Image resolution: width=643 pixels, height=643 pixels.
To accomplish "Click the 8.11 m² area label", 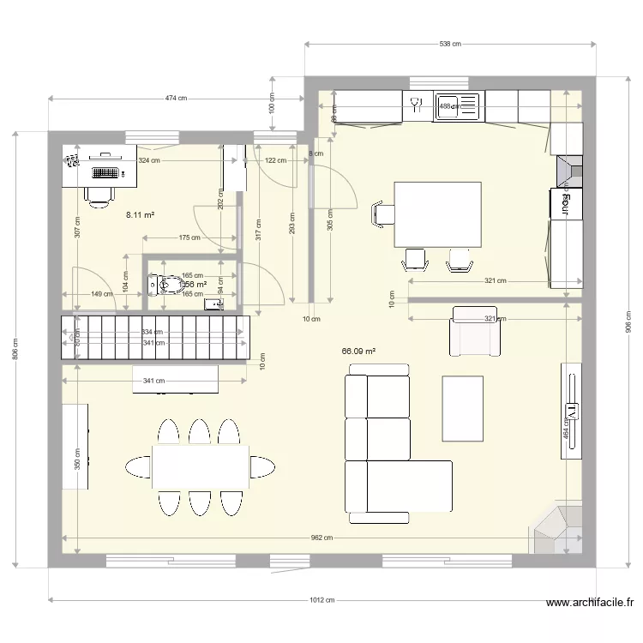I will (x=140, y=215).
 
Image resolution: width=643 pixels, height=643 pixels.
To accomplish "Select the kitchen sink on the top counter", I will (x=456, y=107).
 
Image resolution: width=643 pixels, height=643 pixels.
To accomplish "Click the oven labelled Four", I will (x=566, y=203).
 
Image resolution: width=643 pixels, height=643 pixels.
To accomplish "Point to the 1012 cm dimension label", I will (x=321, y=601).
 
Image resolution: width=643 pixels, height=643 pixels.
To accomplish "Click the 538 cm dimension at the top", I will (x=450, y=44).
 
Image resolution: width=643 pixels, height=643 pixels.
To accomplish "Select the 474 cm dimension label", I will (x=176, y=99).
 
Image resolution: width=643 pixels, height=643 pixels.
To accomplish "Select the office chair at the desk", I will (x=100, y=194).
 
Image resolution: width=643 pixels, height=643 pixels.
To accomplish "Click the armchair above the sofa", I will (x=474, y=332).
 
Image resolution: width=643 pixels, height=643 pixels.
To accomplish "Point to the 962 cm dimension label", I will (x=321, y=538).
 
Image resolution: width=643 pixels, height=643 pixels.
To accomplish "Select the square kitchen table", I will (x=437, y=213).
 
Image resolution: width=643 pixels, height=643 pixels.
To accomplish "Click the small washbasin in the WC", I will (x=213, y=303).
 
